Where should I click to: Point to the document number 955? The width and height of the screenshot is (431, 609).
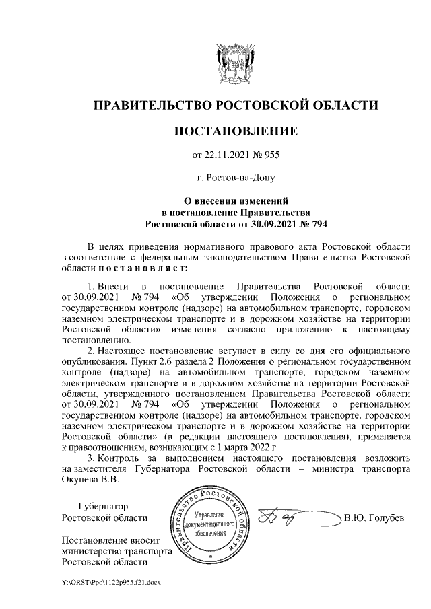271,155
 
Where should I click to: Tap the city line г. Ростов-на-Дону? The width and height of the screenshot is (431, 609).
236,178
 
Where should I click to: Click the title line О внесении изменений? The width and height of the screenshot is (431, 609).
236,201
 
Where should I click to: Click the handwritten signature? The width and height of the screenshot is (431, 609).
290,517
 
